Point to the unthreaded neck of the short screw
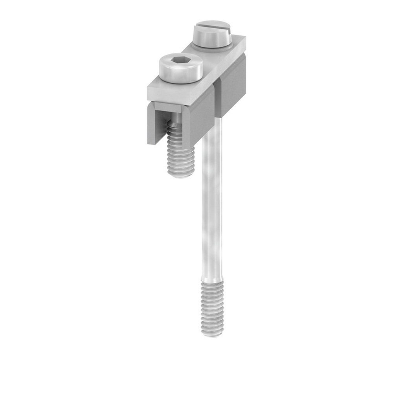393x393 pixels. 176,125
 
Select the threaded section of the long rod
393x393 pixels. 212,307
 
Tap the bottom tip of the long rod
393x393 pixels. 212,334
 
